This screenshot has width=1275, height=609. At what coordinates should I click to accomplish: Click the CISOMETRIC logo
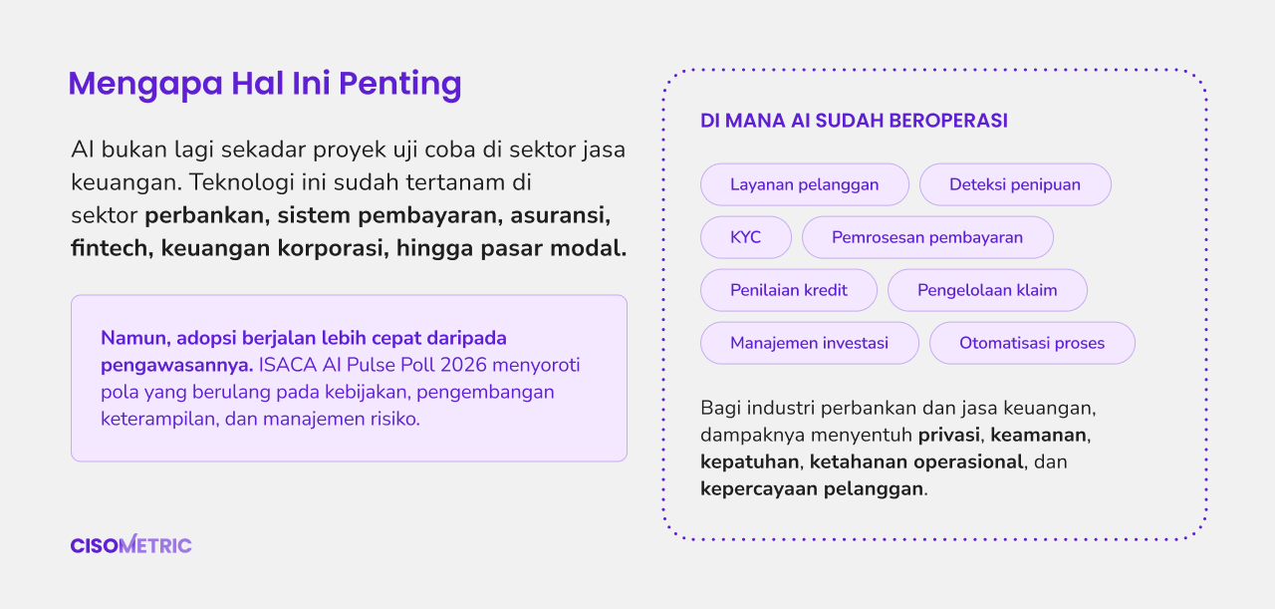pos(130,544)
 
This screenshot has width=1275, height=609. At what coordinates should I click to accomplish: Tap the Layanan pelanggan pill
pos(804,184)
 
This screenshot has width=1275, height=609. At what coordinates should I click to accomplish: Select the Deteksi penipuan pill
pos(1015,184)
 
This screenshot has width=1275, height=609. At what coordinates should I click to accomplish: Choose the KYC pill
pos(746,237)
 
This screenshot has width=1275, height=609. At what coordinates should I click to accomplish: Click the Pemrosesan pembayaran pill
pos(927,237)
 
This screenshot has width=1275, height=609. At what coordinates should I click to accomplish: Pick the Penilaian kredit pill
pos(788,290)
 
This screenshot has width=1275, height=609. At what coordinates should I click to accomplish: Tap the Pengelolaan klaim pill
pos(987,290)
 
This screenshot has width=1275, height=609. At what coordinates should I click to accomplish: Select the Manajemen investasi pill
pos(810,343)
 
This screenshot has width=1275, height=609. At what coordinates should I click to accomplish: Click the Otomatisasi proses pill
pos(1032,343)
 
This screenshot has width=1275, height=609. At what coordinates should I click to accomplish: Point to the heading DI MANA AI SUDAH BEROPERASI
pos(854,121)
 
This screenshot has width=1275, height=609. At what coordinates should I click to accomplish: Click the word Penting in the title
pos(400,84)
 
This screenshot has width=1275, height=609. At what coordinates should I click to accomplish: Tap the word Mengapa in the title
pos(145,84)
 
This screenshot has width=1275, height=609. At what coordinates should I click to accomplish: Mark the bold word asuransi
pos(560,215)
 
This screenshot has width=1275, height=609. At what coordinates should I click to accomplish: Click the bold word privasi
pos(949,435)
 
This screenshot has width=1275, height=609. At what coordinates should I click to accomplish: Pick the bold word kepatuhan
pos(750,462)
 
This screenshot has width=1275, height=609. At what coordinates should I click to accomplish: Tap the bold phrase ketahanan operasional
pos(916,461)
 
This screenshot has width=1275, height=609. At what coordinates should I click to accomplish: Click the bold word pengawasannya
pos(176,365)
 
